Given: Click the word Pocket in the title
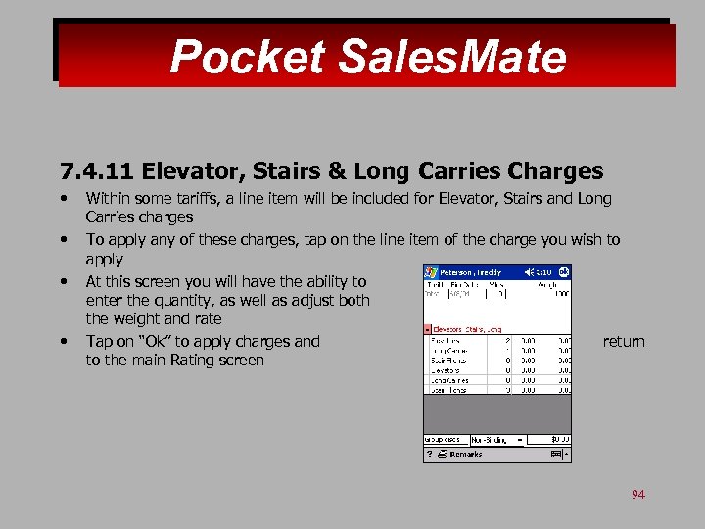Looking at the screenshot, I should [x=247, y=57].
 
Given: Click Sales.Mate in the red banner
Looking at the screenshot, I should [x=451, y=57].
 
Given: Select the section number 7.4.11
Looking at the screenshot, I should [x=96, y=172].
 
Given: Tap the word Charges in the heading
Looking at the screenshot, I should [x=555, y=172].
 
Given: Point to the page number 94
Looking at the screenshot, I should [x=637, y=494].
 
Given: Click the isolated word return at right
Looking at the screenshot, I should [x=624, y=341].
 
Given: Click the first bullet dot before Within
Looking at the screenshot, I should [x=64, y=198].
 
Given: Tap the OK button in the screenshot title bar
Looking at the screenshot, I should [x=564, y=271].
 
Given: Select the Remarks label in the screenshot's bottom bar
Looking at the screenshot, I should [x=465, y=455].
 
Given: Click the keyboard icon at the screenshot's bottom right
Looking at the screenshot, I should [x=555, y=455].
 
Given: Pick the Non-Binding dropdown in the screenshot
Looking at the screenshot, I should [x=497, y=440].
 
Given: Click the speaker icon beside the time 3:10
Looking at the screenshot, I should [x=529, y=271].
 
